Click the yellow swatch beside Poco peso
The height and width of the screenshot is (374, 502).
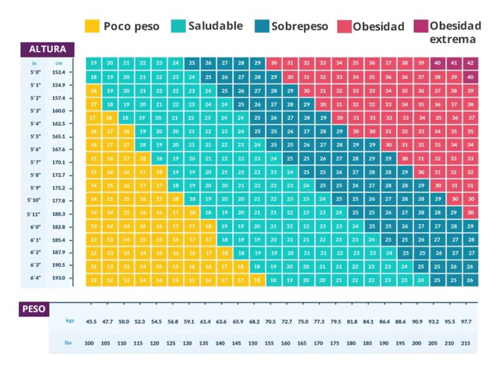click(92, 26)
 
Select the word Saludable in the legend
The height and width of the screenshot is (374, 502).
click(215, 26)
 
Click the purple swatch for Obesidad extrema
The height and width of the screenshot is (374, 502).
click(420, 26)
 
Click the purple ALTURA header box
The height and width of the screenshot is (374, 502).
click(48, 49)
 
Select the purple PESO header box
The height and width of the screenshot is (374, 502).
click(34, 309)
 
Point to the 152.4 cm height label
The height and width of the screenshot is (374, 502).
click(58, 72)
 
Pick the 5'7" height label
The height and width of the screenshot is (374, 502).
click(35, 162)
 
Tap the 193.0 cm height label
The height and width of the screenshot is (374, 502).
click(58, 277)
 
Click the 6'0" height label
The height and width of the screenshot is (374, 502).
click(35, 226)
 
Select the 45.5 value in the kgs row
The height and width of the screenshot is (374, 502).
click(91, 321)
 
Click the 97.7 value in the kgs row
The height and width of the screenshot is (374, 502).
click(467, 321)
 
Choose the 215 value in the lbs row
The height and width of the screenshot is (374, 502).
click(467, 343)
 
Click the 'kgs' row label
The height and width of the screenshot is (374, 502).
click(70, 320)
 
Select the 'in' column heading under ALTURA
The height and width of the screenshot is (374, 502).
click(34, 63)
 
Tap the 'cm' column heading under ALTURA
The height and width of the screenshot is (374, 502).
click(58, 63)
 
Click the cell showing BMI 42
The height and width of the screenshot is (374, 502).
click(470, 63)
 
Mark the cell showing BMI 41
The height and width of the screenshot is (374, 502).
click(454, 63)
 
